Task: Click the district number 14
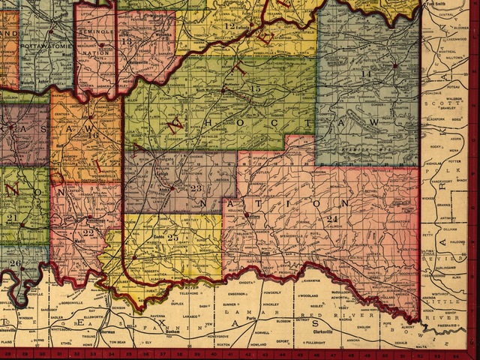pyautogui.click(x=367, y=74)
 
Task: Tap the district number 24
pyautogui.click(x=332, y=218)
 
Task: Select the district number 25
pyautogui.click(x=173, y=237)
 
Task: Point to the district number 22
pyautogui.click(x=89, y=232)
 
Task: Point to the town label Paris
pyautogui.click(x=262, y=319)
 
